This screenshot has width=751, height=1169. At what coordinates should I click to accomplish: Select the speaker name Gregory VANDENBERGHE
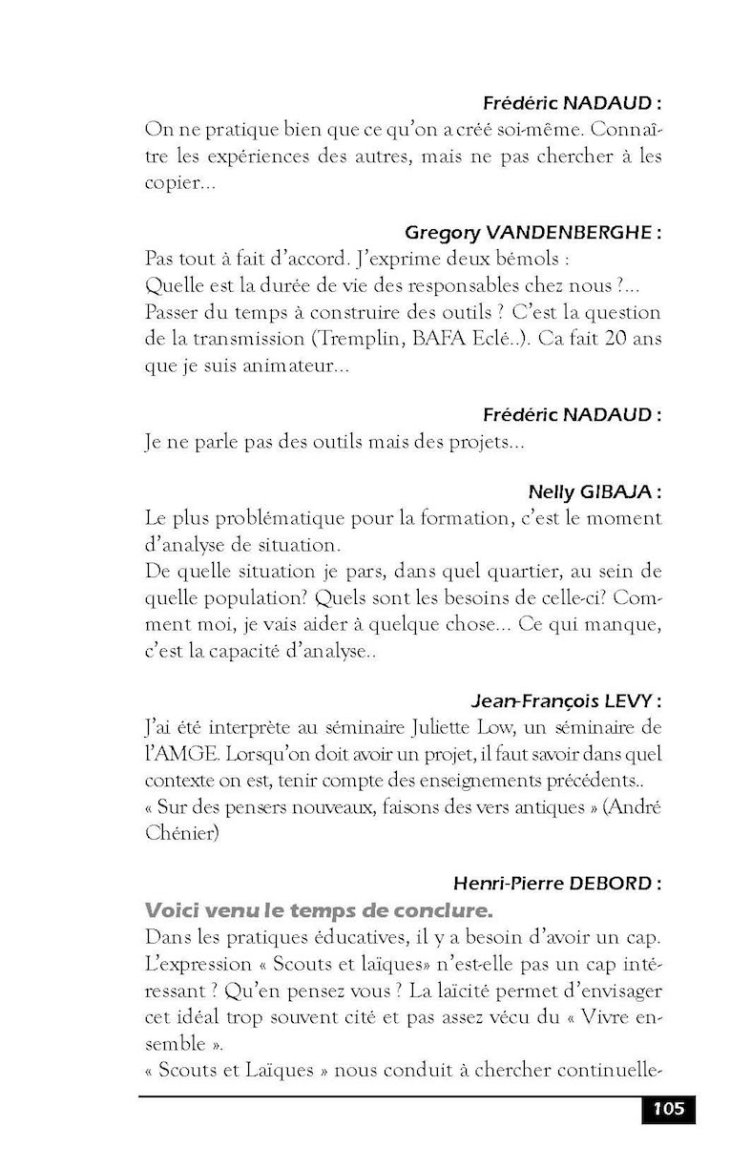pyautogui.click(x=532, y=233)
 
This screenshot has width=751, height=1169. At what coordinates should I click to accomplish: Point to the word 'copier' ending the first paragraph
pyautogui.click(x=173, y=181)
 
